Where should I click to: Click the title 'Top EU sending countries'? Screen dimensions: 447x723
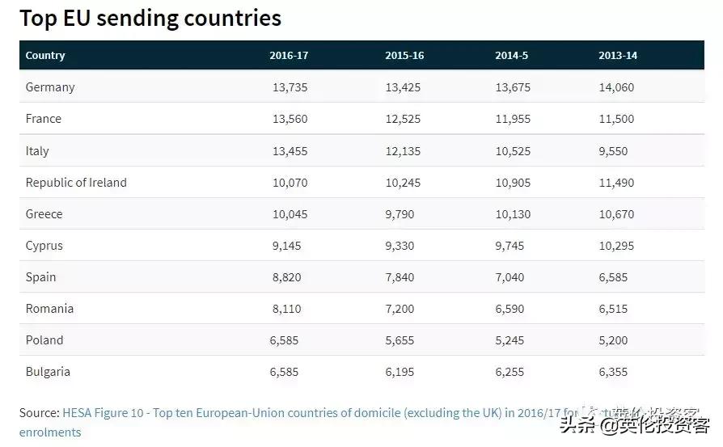(150, 18)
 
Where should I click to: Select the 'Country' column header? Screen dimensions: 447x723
(45, 56)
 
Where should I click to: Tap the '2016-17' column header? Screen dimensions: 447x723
(289, 56)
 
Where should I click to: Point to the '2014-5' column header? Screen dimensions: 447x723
(512, 56)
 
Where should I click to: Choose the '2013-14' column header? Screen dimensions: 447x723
(618, 56)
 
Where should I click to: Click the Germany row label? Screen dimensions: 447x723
(50, 87)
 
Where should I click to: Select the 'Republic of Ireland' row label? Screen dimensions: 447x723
(76, 183)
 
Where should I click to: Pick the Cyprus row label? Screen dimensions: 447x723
(44, 246)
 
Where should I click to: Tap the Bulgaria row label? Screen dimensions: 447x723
(48, 372)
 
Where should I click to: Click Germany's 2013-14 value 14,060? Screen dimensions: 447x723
(616, 87)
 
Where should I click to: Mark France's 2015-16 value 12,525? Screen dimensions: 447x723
(403, 119)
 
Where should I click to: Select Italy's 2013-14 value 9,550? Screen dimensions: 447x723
(613, 151)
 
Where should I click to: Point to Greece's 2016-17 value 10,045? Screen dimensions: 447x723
(290, 214)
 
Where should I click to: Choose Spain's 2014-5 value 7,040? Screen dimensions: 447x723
(509, 277)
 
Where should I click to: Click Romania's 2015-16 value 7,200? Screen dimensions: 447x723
(400, 309)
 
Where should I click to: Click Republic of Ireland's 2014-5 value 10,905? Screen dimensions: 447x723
(513, 183)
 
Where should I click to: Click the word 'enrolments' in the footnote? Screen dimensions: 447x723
(50, 432)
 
